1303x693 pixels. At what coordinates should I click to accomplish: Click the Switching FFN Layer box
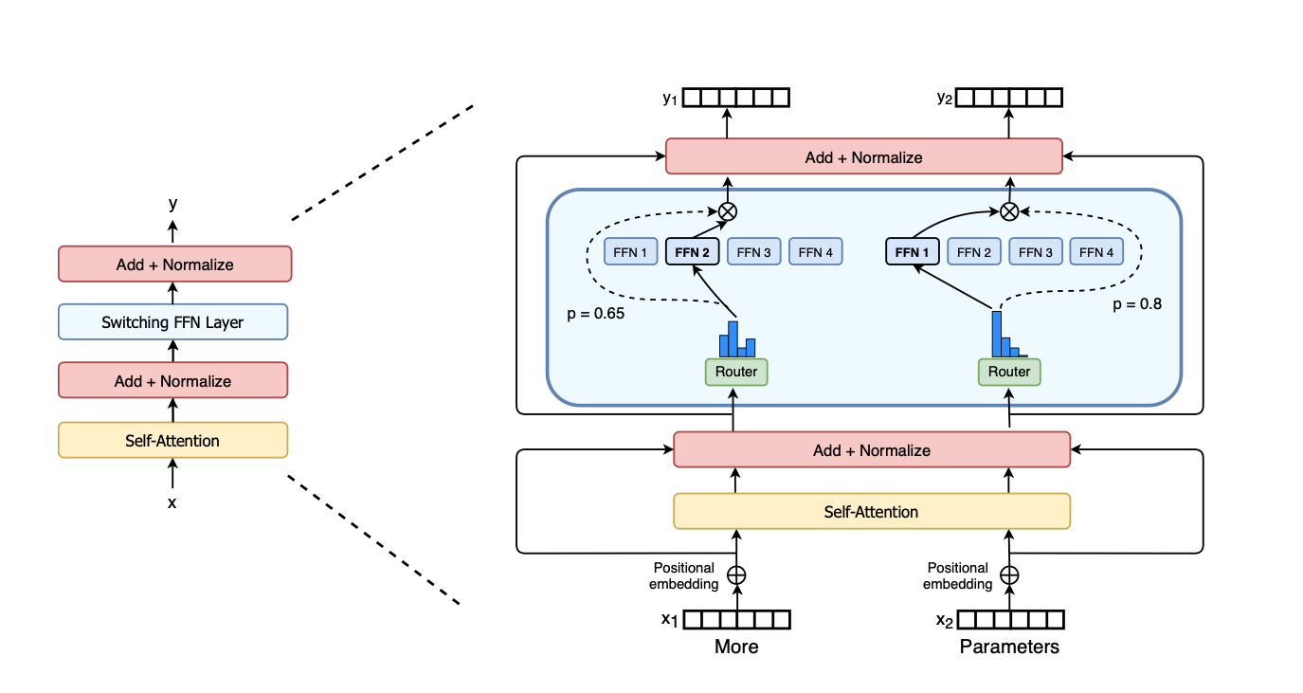pos(172,322)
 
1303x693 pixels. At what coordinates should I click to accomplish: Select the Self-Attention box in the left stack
pos(172,440)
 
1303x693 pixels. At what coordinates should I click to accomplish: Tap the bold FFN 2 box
pos(693,252)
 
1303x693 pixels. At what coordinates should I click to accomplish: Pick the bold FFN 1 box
pos(914,252)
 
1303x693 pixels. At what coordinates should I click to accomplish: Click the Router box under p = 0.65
pos(736,372)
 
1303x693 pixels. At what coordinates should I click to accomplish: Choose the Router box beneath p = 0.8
pos(1009,372)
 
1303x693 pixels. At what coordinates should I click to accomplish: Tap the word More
pos(736,647)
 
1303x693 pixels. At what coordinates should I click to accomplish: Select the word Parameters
pos(1009,647)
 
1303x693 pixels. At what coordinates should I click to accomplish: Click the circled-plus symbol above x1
pos(736,574)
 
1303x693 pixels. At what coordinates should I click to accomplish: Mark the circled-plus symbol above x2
pos(1009,574)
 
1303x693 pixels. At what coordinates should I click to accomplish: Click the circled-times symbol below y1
pos(728,210)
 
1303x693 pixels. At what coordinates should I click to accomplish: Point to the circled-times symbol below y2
pos(1009,210)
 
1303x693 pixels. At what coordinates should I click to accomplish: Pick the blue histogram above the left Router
pos(736,339)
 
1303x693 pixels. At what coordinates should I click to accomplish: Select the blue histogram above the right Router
pos(1007,336)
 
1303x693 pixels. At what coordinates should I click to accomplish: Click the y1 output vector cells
pos(736,98)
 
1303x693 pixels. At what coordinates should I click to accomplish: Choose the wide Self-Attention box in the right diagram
pos(871,512)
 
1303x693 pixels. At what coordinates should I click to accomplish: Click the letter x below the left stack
pos(172,503)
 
